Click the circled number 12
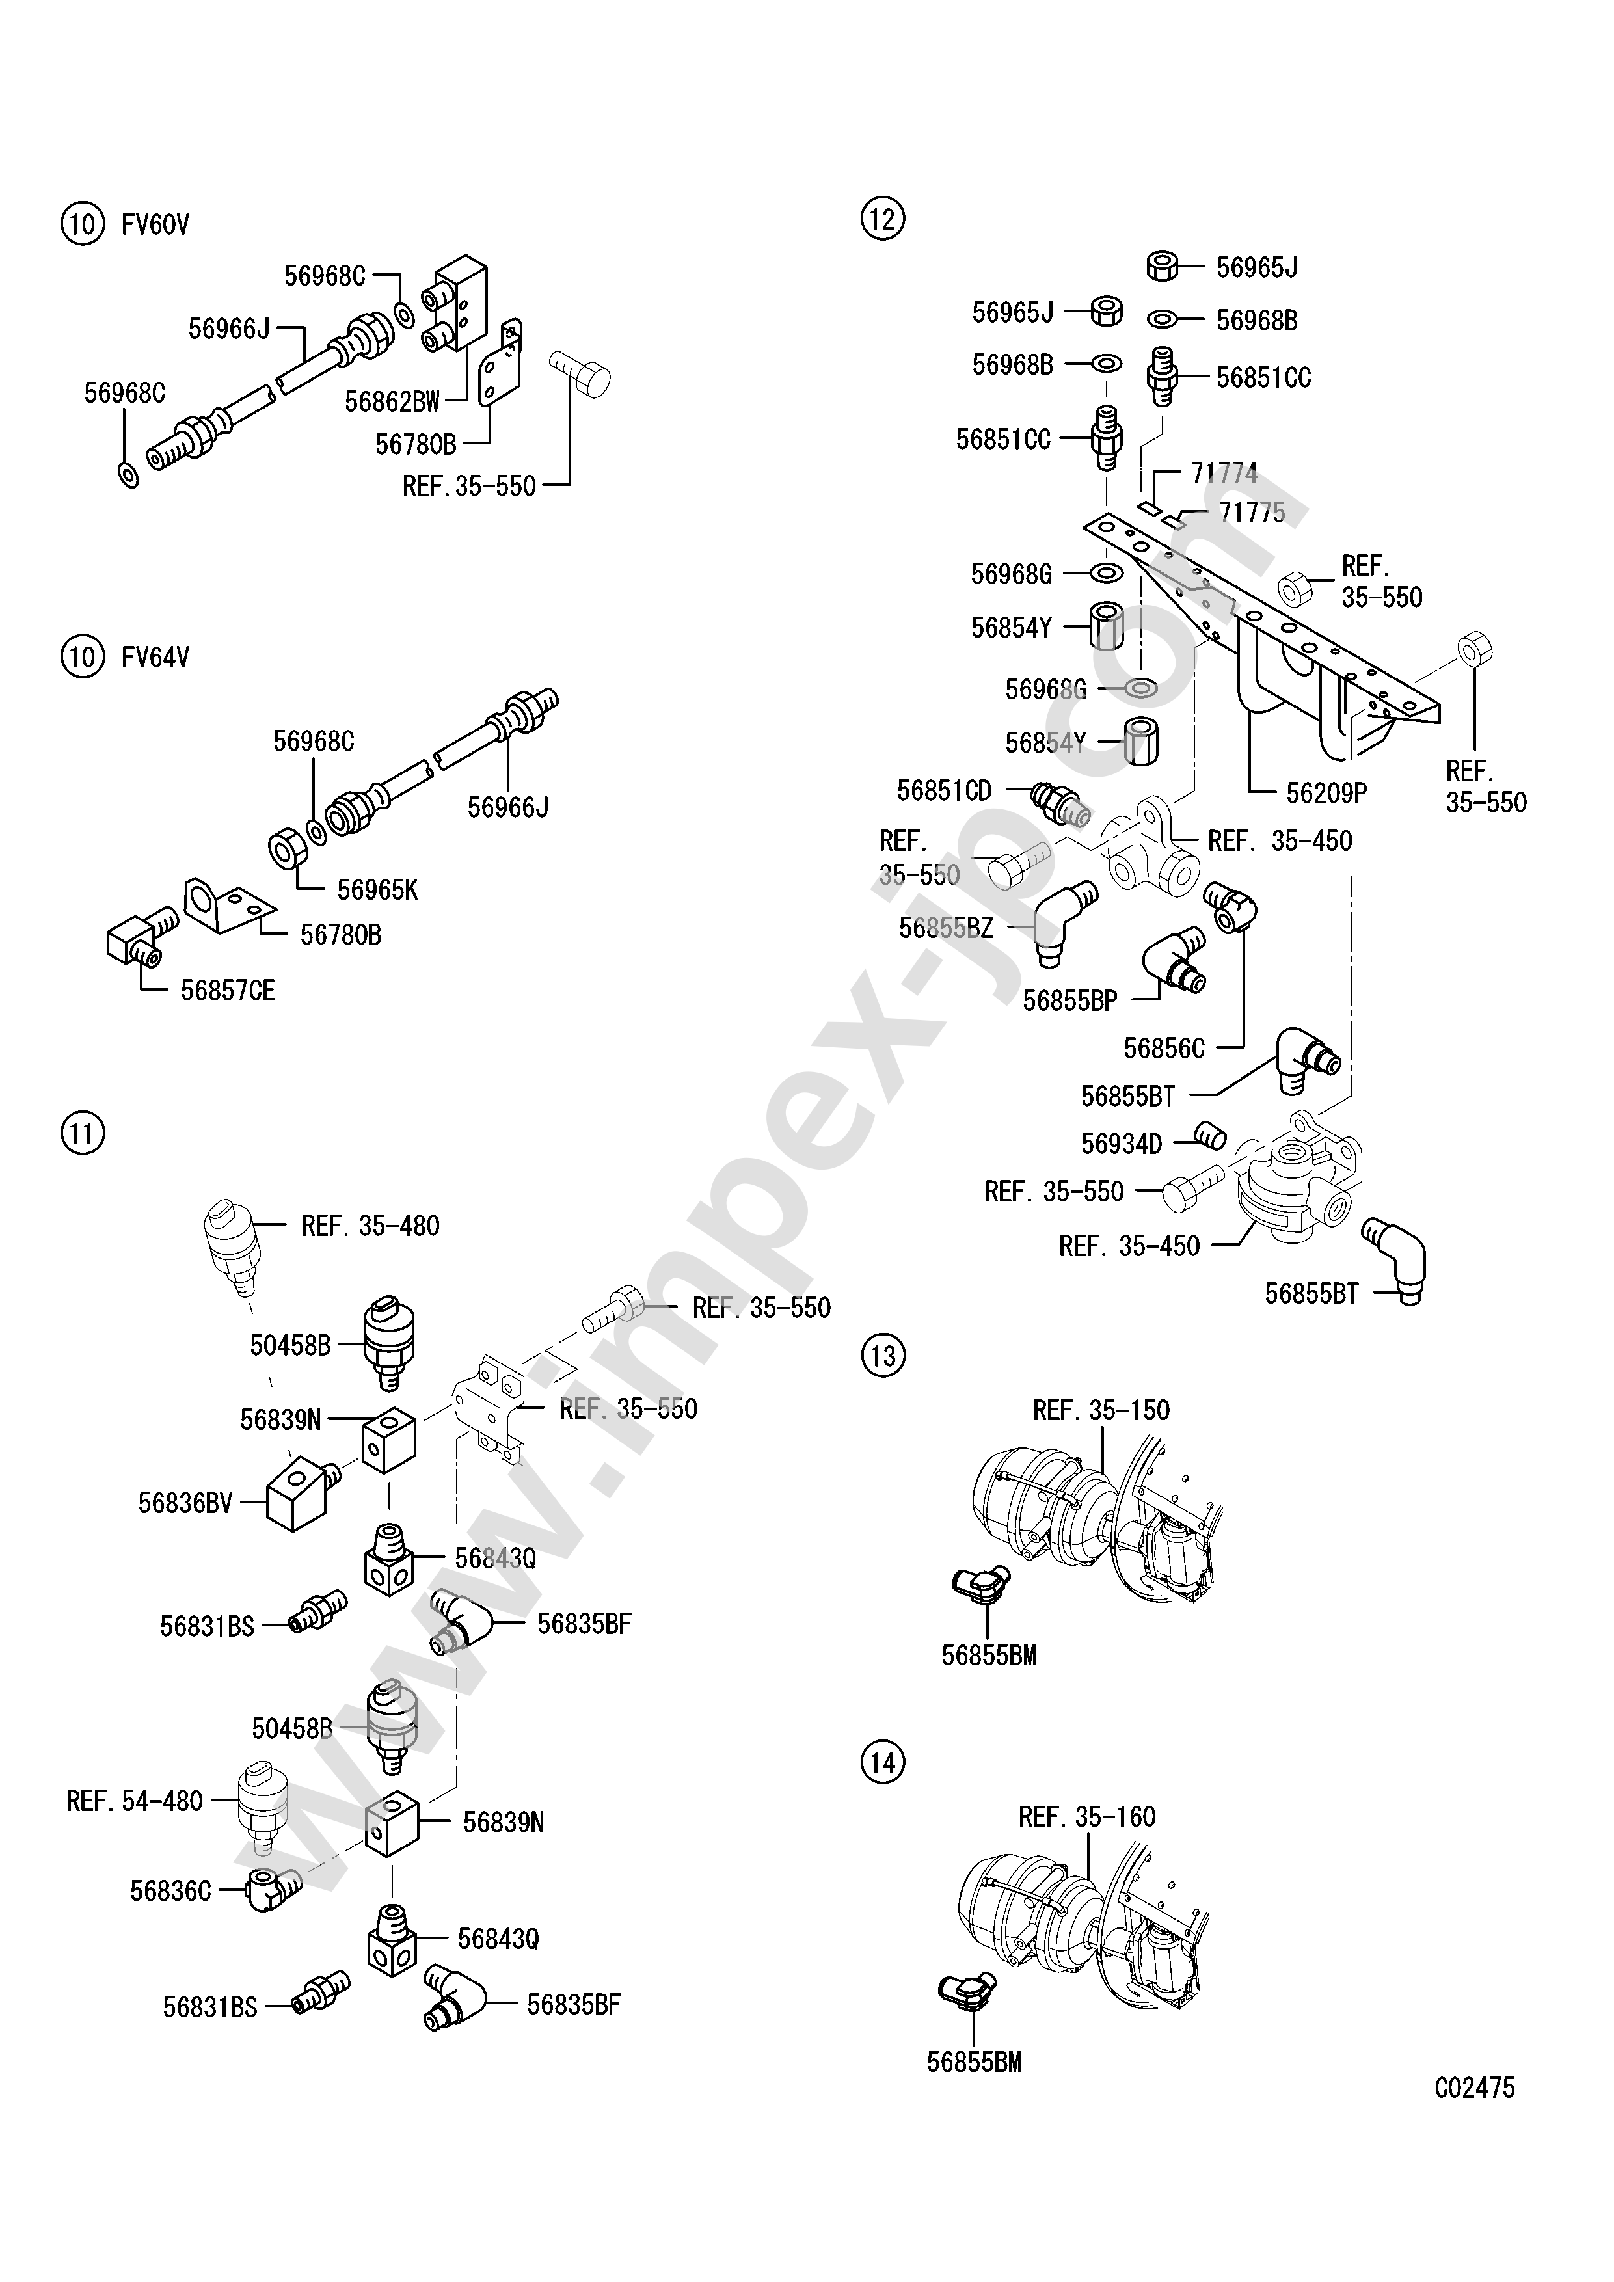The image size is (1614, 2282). pyautogui.click(x=883, y=218)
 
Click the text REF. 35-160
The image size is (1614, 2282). pyautogui.click(x=1087, y=1817)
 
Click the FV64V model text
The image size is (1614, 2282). pyautogui.click(x=155, y=658)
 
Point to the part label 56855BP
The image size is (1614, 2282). pyautogui.click(x=1070, y=1001)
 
